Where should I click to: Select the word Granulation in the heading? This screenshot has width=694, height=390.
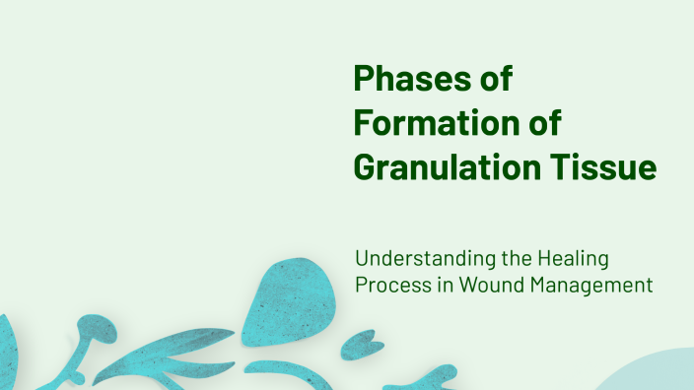click(441, 167)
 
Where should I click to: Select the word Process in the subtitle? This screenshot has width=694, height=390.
click(387, 286)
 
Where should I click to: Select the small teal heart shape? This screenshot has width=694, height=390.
click(364, 346)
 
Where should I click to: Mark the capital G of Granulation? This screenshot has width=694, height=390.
click(367, 167)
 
